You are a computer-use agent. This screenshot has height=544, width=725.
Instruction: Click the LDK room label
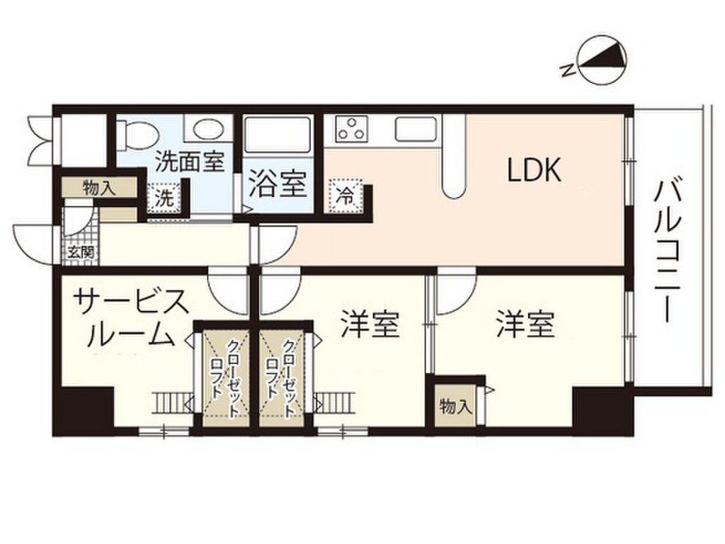click(x=534, y=170)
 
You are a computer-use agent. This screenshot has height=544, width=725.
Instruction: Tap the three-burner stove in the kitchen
click(x=351, y=128)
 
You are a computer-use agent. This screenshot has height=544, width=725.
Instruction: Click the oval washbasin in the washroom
click(x=207, y=129)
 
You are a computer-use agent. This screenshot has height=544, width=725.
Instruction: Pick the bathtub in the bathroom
click(x=277, y=134)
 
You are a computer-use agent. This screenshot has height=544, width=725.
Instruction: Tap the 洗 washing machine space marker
click(x=164, y=198)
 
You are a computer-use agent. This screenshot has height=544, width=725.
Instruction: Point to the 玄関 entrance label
click(x=81, y=252)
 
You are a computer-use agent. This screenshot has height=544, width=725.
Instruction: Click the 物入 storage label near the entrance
click(x=98, y=188)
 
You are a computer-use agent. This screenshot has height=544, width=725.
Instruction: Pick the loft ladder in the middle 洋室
click(x=334, y=403)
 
